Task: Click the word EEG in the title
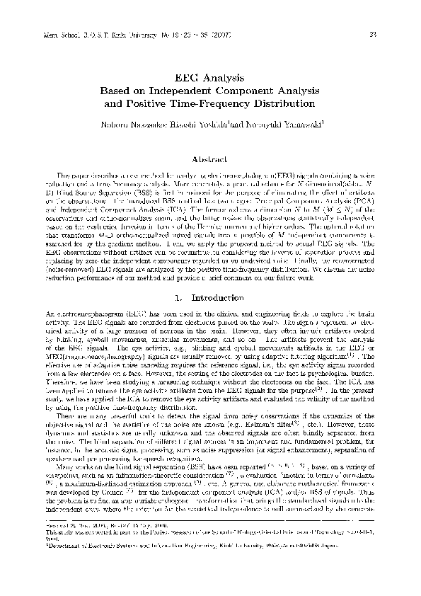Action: point(188,78)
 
